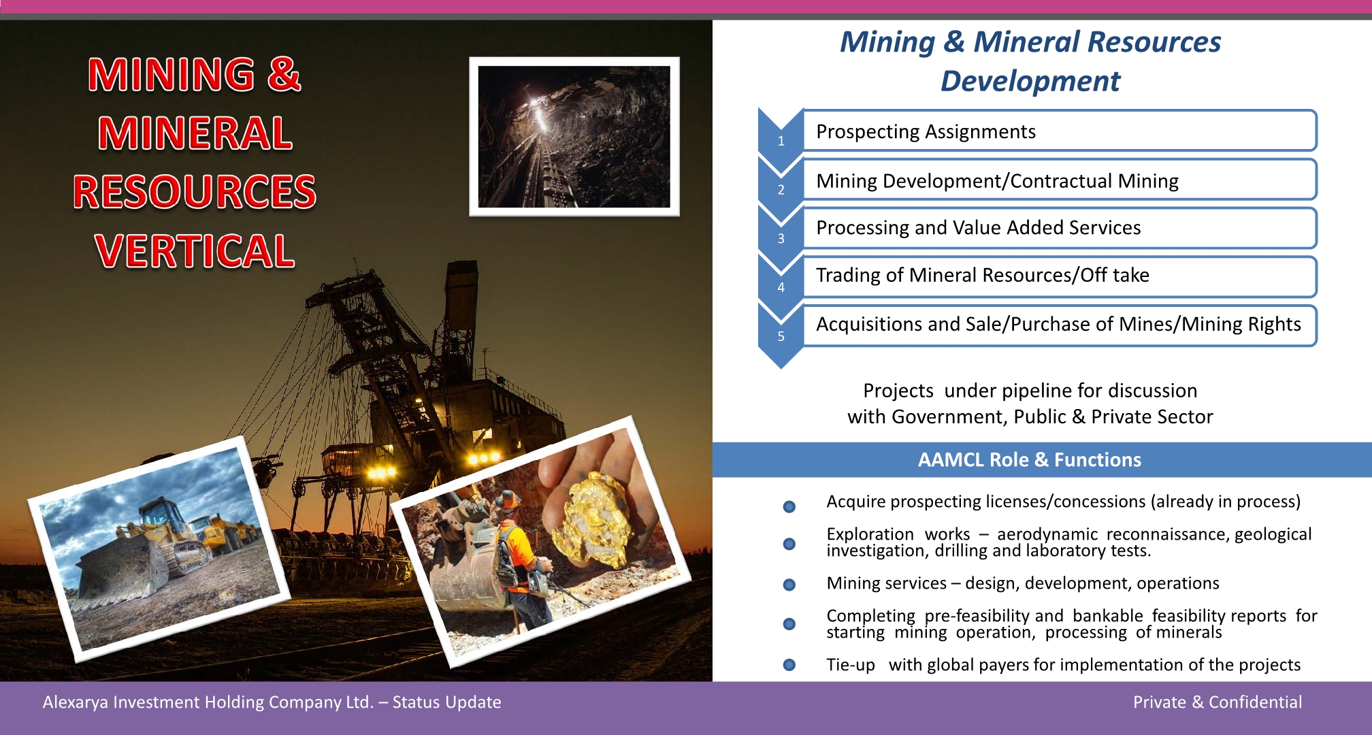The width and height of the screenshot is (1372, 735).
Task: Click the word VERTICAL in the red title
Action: point(195,250)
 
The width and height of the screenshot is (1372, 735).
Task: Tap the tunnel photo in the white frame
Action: point(574,137)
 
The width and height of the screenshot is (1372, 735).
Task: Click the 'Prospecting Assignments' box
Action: point(1060,131)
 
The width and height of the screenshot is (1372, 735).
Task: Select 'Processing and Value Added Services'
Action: point(978,227)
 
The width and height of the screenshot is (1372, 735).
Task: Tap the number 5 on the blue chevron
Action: point(781,336)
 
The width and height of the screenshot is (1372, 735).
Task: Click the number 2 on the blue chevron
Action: point(781,189)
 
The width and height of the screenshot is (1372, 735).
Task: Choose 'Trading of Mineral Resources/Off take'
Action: point(982,275)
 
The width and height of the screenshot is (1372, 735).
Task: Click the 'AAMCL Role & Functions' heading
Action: point(1029,460)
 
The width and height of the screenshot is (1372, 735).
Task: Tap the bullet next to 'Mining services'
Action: point(789,585)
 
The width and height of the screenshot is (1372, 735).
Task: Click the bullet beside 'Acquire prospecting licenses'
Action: point(789,506)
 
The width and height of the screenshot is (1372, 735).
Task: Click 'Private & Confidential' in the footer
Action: point(1217,702)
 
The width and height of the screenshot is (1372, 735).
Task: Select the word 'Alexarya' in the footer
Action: point(75,703)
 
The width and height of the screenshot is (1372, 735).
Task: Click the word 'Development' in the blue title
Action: point(1030,81)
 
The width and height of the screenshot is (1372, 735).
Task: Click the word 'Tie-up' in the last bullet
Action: point(851,665)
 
